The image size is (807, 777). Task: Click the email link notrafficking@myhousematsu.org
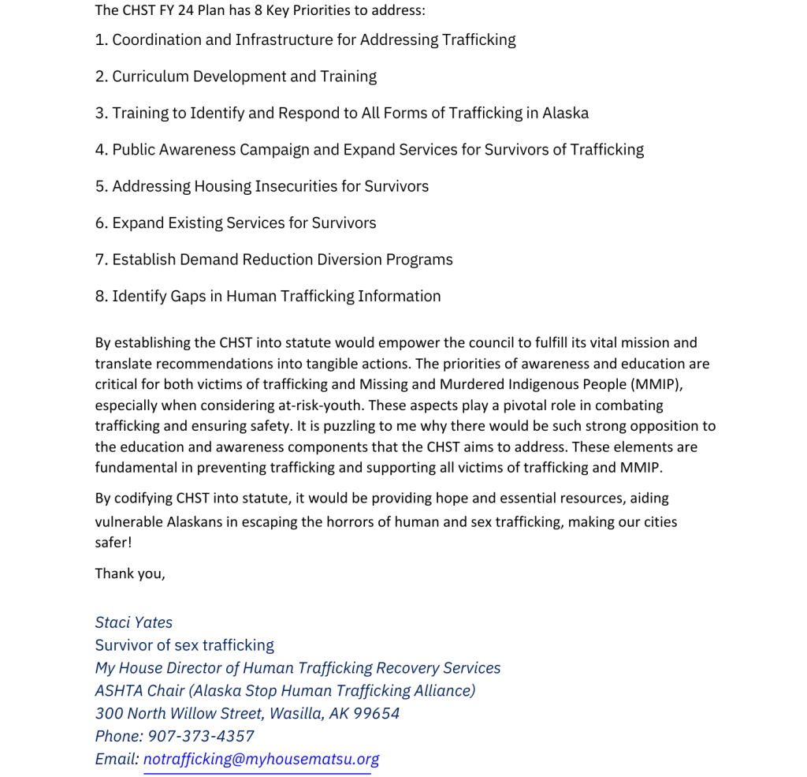pyautogui.click(x=261, y=759)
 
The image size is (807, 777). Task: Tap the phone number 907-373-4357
pyautogui.click(x=201, y=736)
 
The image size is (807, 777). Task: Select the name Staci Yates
pyautogui.click(x=134, y=622)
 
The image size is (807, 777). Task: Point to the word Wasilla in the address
pyautogui.click(x=296, y=713)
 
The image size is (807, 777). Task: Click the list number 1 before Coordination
pyautogui.click(x=100, y=39)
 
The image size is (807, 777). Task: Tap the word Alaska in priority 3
pyautogui.click(x=565, y=113)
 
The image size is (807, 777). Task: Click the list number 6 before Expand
pyautogui.click(x=100, y=223)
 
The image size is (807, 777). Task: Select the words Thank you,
pyautogui.click(x=130, y=573)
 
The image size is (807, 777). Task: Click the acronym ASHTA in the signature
pyautogui.click(x=118, y=691)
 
